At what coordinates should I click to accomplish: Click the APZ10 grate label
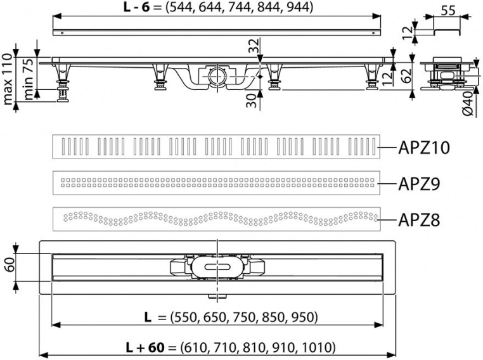[x=424, y=148]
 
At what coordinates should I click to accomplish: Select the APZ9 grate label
[x=419, y=184]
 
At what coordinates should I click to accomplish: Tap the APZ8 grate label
[x=419, y=220]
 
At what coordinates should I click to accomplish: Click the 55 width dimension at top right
[x=448, y=11]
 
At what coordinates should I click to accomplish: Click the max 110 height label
[x=8, y=79]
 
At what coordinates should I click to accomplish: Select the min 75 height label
[x=29, y=79]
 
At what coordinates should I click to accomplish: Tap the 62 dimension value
[x=406, y=75]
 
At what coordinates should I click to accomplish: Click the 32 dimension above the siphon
[x=254, y=46]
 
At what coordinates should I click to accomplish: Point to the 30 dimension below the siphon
[x=252, y=101]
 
